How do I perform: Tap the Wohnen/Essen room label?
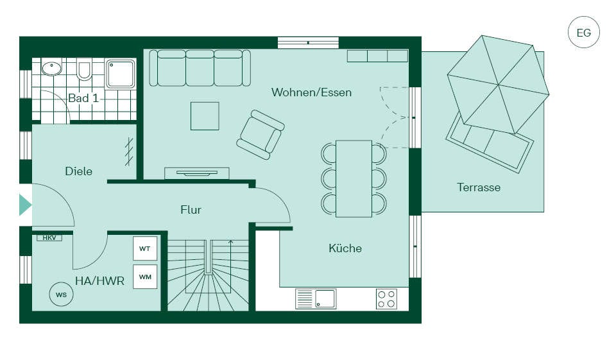311,92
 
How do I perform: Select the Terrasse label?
479,187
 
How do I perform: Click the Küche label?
345,248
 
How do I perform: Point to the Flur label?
191,209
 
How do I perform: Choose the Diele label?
78,171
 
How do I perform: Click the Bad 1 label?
83,98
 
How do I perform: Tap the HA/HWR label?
100,280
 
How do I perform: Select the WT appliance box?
145,248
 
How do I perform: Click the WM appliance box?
145,277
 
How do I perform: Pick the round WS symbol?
62,295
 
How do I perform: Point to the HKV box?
49,238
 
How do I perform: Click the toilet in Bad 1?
83,70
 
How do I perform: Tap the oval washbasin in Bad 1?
52,69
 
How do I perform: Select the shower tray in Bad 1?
121,74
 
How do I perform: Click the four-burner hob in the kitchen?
386,298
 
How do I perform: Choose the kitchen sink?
316,298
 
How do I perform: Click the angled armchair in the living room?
261,134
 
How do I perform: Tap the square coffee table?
205,116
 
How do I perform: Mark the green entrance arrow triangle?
25,205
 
